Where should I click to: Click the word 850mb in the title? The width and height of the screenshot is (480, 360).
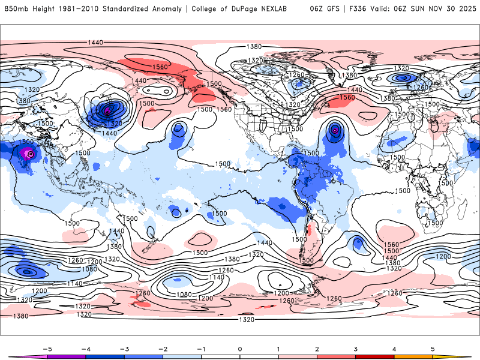tap(17, 9)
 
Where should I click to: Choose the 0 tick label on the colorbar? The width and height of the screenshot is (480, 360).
tap(239, 348)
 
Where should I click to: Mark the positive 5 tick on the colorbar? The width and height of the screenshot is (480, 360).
tap(433, 348)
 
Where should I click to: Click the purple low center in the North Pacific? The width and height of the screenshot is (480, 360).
tap(107, 110)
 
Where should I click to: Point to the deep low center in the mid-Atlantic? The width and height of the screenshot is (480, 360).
tap(335, 129)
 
